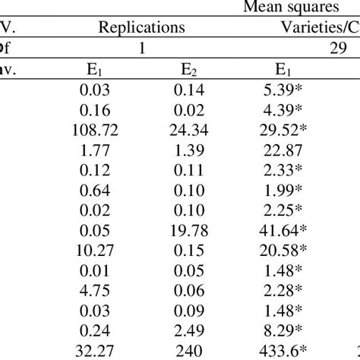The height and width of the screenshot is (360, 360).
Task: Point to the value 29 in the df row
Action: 339,48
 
